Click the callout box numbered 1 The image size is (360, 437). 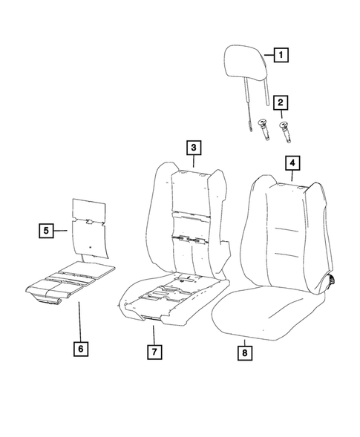tap(281, 54)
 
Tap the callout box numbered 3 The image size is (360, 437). tap(192, 148)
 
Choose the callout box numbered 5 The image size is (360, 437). tap(46, 231)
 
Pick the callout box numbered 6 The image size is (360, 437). tap(80, 346)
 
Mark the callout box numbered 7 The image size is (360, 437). tap(154, 351)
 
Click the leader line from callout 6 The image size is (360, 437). tap(80, 319)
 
